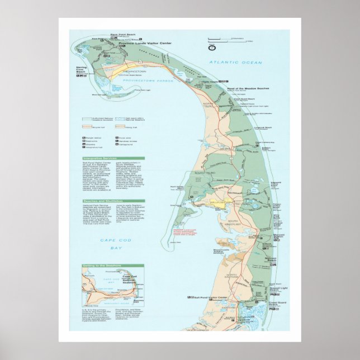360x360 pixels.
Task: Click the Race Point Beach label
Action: click(x=120, y=34)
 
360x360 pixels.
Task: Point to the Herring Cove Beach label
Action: click(x=83, y=68)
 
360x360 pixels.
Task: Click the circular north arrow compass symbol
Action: click(x=212, y=47)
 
